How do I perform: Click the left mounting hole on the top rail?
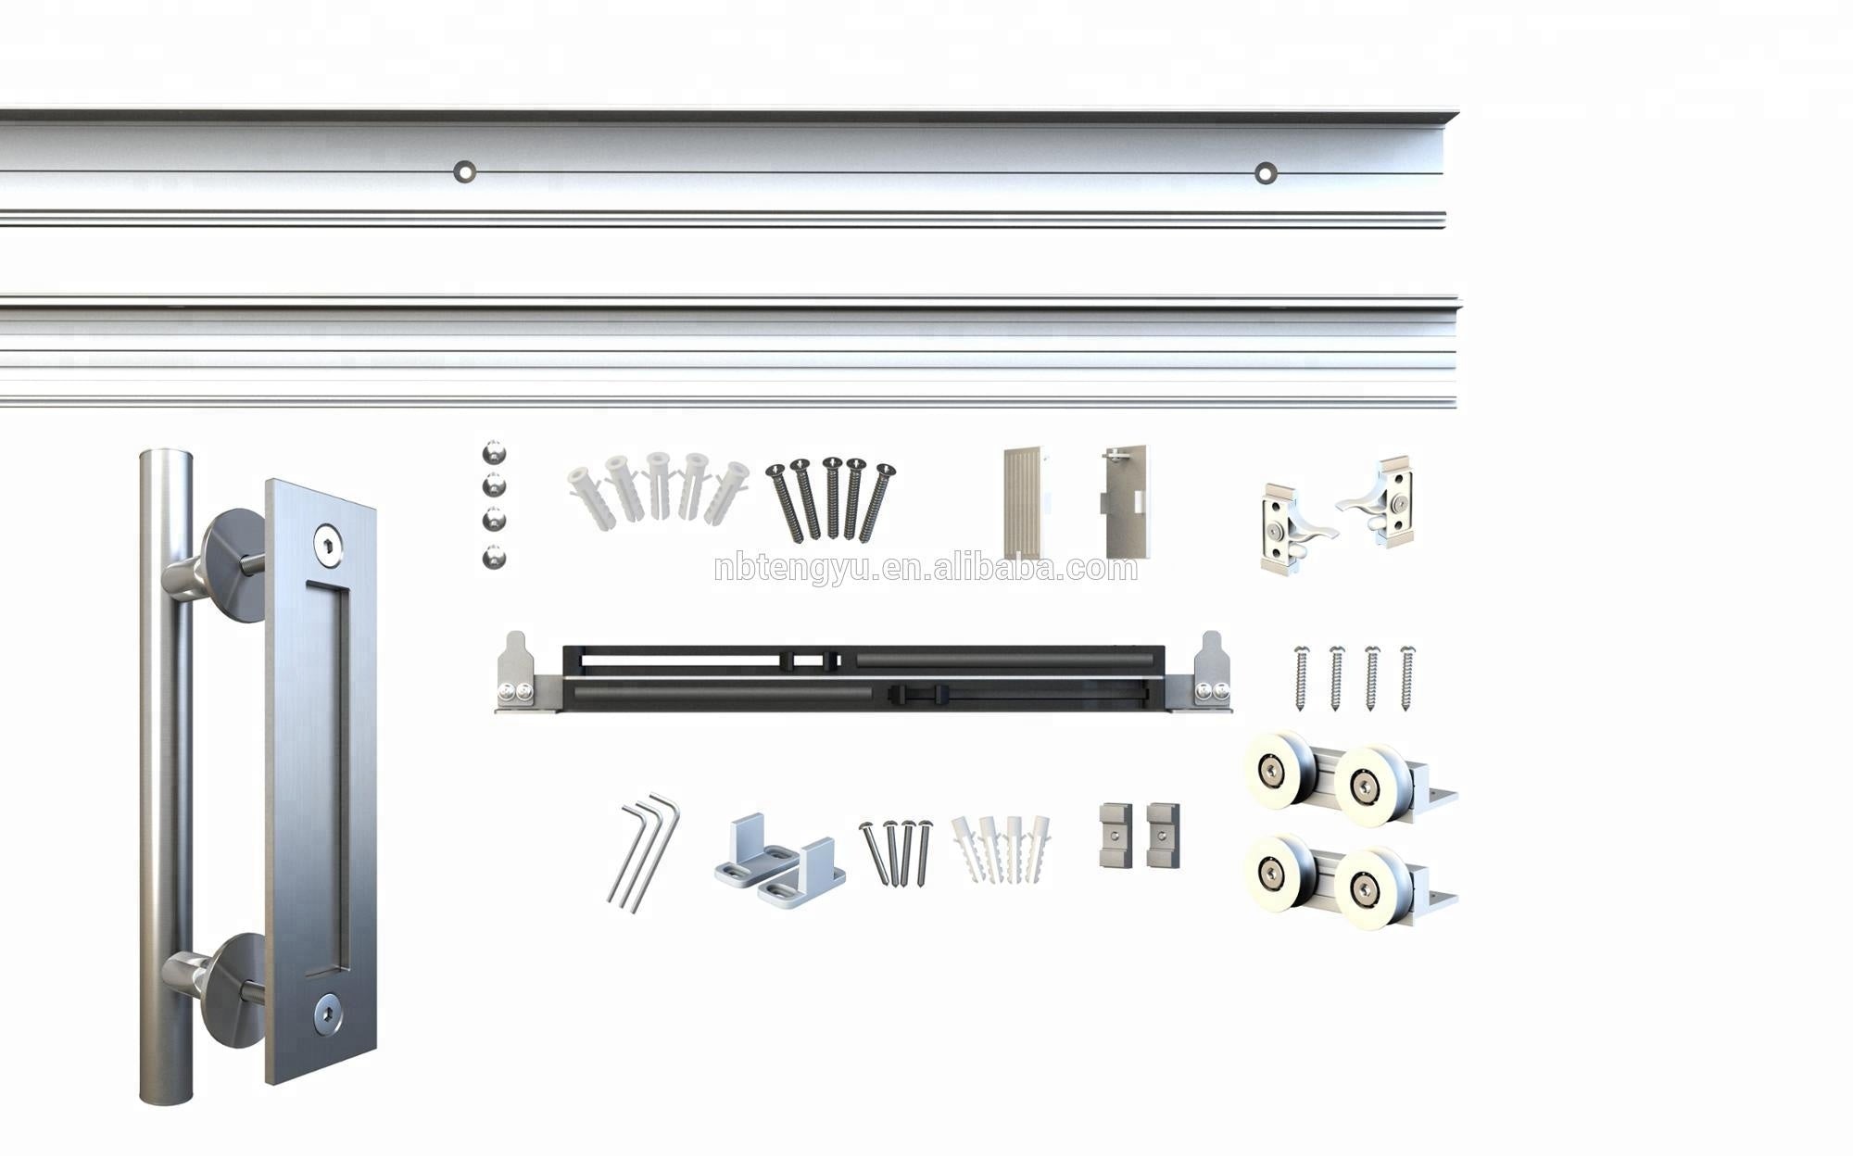[x=464, y=171]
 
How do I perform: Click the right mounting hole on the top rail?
[x=1266, y=172]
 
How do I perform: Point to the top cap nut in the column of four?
[x=495, y=454]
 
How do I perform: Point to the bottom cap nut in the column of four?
[x=495, y=558]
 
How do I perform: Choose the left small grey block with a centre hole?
[x=1116, y=835]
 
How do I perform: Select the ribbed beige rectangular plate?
[x=1025, y=503]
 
